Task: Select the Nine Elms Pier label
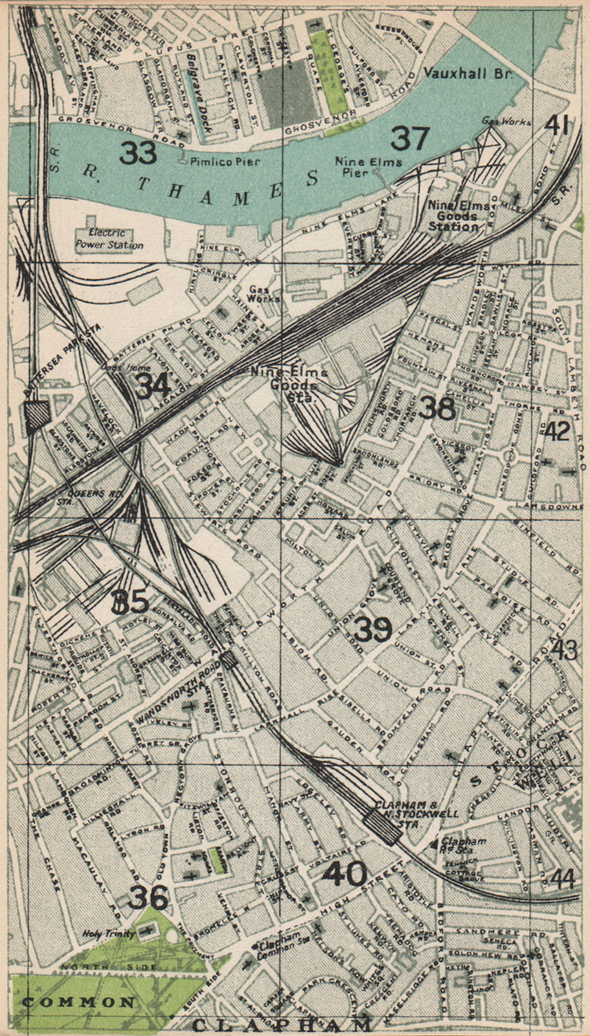pos(368,167)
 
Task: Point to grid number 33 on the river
pos(139,153)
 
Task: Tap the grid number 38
pos(437,407)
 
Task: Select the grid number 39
pos(374,628)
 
